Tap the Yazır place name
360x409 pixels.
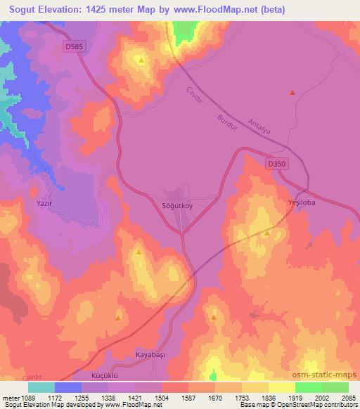[44, 203]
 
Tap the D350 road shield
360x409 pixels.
[277, 164]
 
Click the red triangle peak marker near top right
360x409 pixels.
[292, 92]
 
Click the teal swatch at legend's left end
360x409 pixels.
[41, 387]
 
